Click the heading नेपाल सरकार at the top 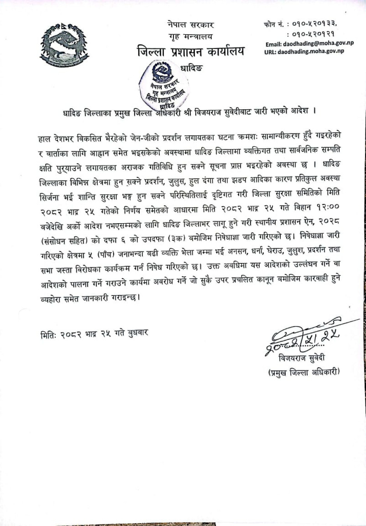point(191,25)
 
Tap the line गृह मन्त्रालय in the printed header point(191,37)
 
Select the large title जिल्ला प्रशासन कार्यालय point(191,51)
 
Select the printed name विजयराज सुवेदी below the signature point(301,358)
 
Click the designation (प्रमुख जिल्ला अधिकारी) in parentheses point(304,372)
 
